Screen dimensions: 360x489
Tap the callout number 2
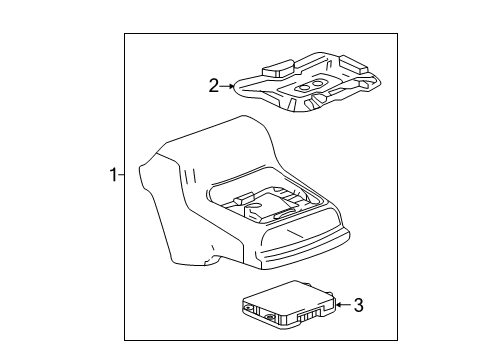coord(213,86)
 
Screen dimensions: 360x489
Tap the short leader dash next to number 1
coord(121,176)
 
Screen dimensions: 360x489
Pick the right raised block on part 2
coord(351,62)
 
